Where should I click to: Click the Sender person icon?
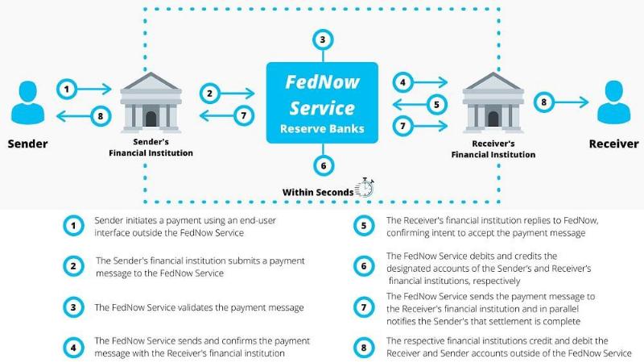(x=28, y=102)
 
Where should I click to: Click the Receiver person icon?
(x=613, y=102)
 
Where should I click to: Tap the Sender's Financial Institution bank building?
(x=151, y=102)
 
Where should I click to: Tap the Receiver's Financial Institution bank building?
(x=493, y=102)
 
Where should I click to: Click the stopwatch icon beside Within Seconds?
(x=365, y=188)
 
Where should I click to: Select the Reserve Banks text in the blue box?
(x=322, y=129)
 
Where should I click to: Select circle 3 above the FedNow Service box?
(x=323, y=40)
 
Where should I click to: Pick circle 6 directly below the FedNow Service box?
(x=324, y=165)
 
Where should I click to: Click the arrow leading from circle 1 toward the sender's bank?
(x=94, y=89)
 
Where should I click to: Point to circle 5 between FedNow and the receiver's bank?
(x=436, y=105)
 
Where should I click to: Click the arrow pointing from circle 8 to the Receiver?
(x=572, y=102)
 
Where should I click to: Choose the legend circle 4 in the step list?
(x=73, y=348)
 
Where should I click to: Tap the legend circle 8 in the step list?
(x=364, y=348)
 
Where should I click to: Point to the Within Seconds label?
(x=317, y=192)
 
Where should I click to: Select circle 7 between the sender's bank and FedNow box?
(x=244, y=115)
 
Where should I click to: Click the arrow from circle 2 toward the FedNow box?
(x=237, y=94)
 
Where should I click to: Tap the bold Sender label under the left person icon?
(x=27, y=144)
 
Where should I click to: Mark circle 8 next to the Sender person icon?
(x=101, y=116)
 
